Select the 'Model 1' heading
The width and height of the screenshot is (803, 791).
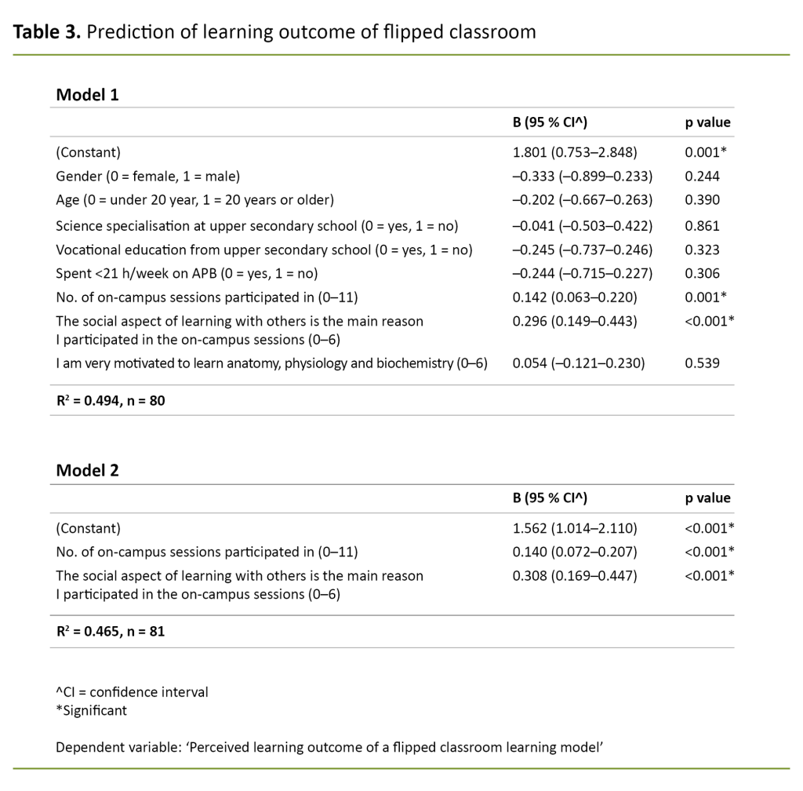87,95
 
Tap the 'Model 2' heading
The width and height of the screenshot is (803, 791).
87,471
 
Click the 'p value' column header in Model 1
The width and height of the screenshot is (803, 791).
707,122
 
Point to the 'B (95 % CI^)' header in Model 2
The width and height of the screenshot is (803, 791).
550,498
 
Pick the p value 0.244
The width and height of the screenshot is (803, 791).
702,177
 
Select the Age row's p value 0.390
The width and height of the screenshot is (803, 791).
702,201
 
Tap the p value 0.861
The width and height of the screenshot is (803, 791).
702,226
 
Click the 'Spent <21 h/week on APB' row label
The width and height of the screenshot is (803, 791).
186,273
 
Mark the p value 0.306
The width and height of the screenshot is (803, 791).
702,273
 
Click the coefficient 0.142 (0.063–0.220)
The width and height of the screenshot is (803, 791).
574,297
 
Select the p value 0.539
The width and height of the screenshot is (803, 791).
702,363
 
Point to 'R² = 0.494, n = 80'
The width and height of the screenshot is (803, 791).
110,400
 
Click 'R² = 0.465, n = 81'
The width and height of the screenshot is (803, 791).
110,631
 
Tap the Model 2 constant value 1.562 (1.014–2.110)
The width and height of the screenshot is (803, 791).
574,528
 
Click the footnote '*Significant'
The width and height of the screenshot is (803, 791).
91,711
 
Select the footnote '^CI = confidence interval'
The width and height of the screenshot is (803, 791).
132,692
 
